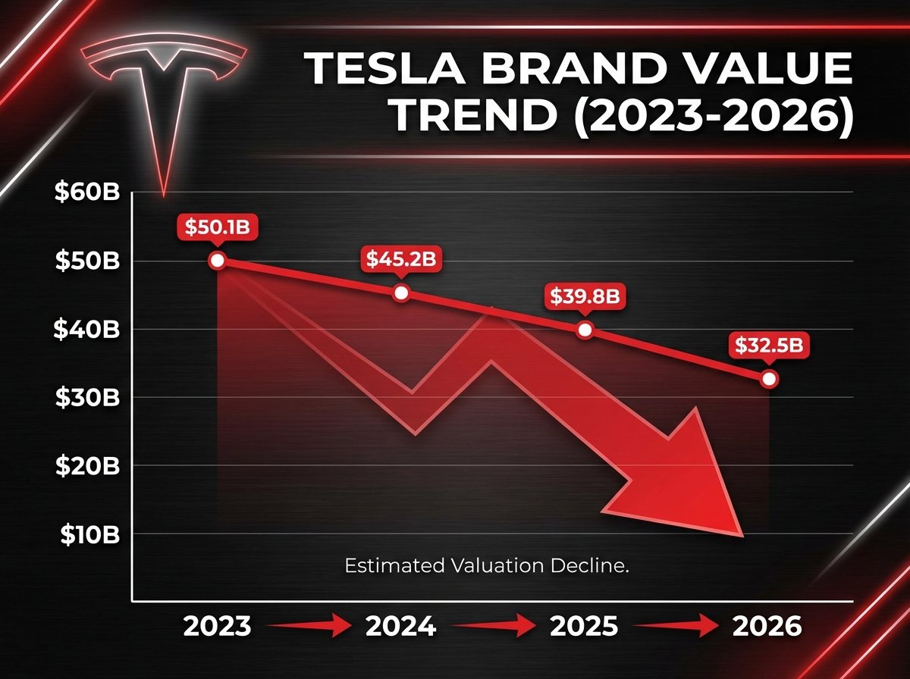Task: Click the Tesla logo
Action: point(163,99)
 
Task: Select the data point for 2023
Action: point(218,261)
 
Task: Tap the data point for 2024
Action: point(402,293)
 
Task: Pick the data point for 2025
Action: point(585,330)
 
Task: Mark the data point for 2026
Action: point(769,378)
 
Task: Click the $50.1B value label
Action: point(218,227)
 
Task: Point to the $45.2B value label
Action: point(402,259)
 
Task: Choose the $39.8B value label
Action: point(585,296)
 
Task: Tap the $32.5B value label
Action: point(769,346)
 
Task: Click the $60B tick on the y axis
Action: point(88,192)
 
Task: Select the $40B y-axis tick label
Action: point(88,330)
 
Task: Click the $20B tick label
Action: point(88,466)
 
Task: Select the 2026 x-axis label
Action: point(766,627)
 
